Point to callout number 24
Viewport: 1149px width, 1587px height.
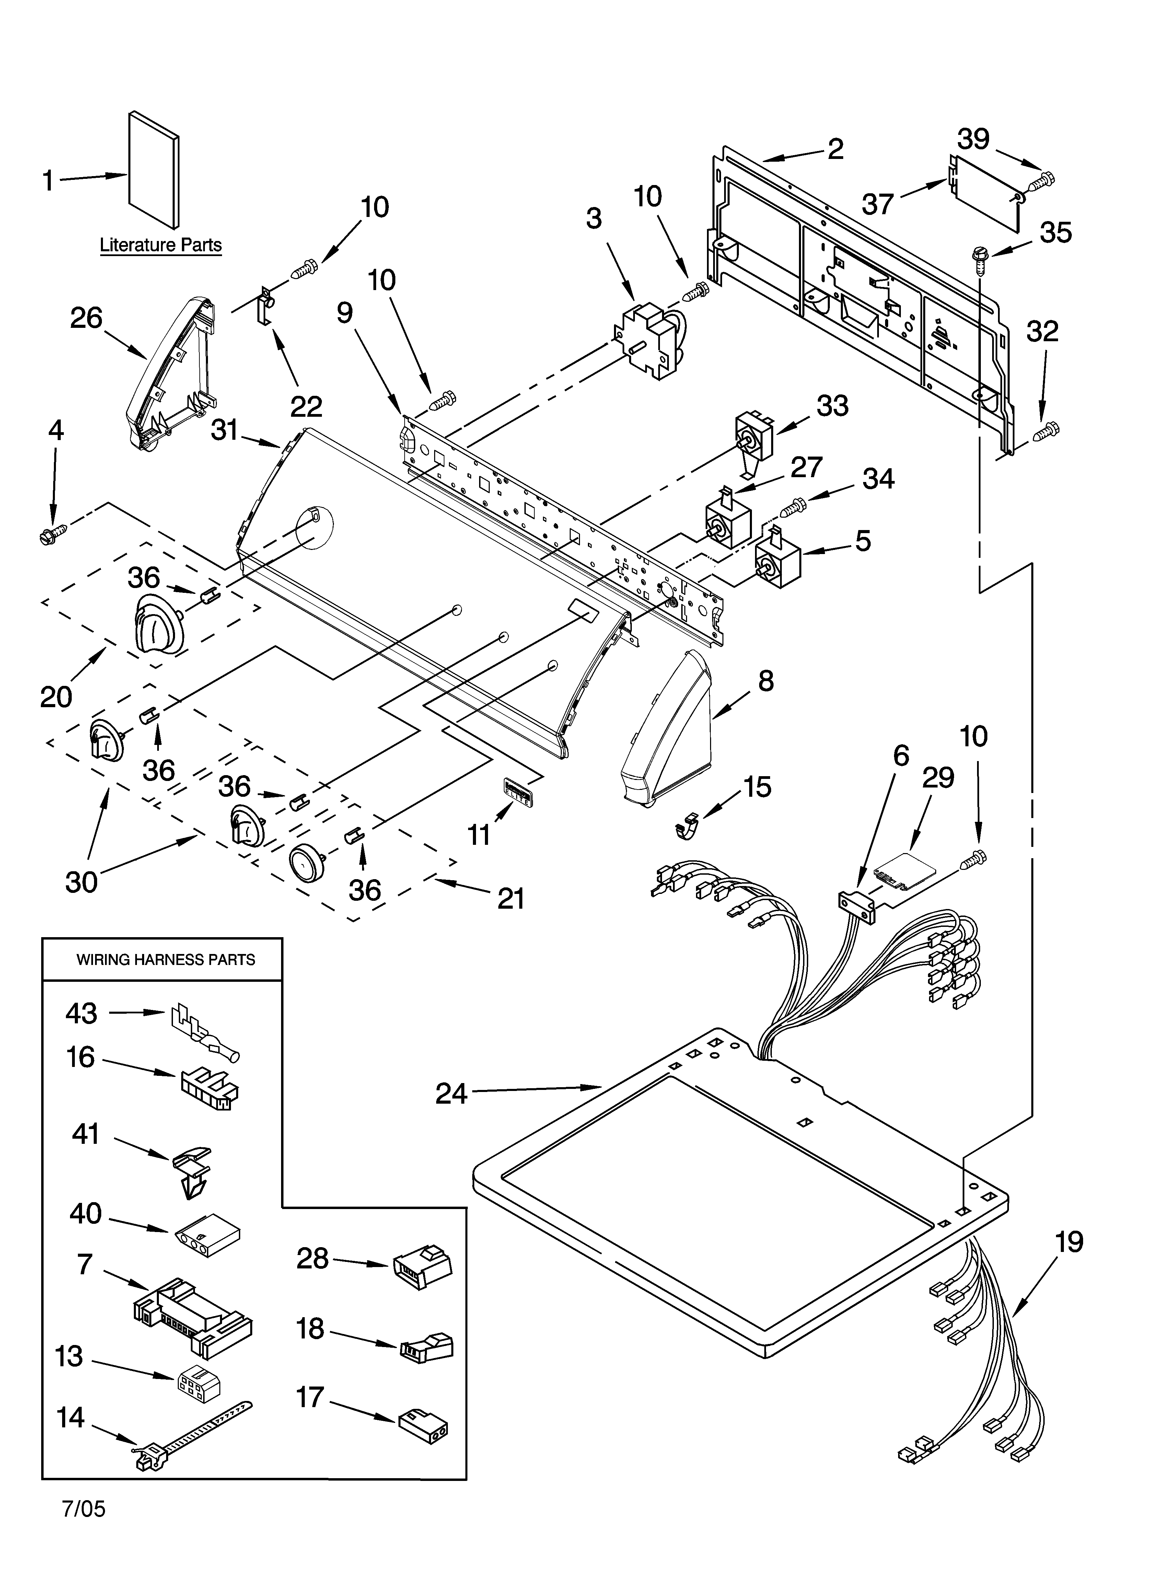[x=451, y=1093]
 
